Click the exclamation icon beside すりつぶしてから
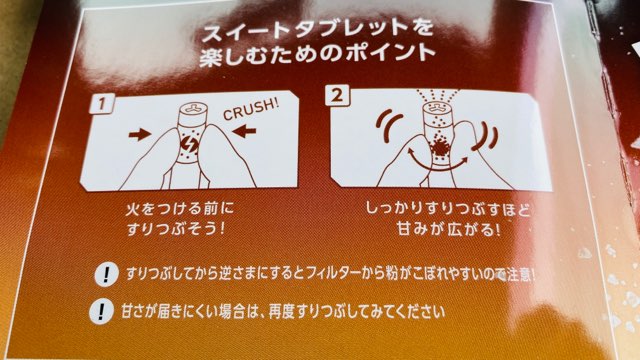coord(102,274)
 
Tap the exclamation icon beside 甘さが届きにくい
coord(102,310)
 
